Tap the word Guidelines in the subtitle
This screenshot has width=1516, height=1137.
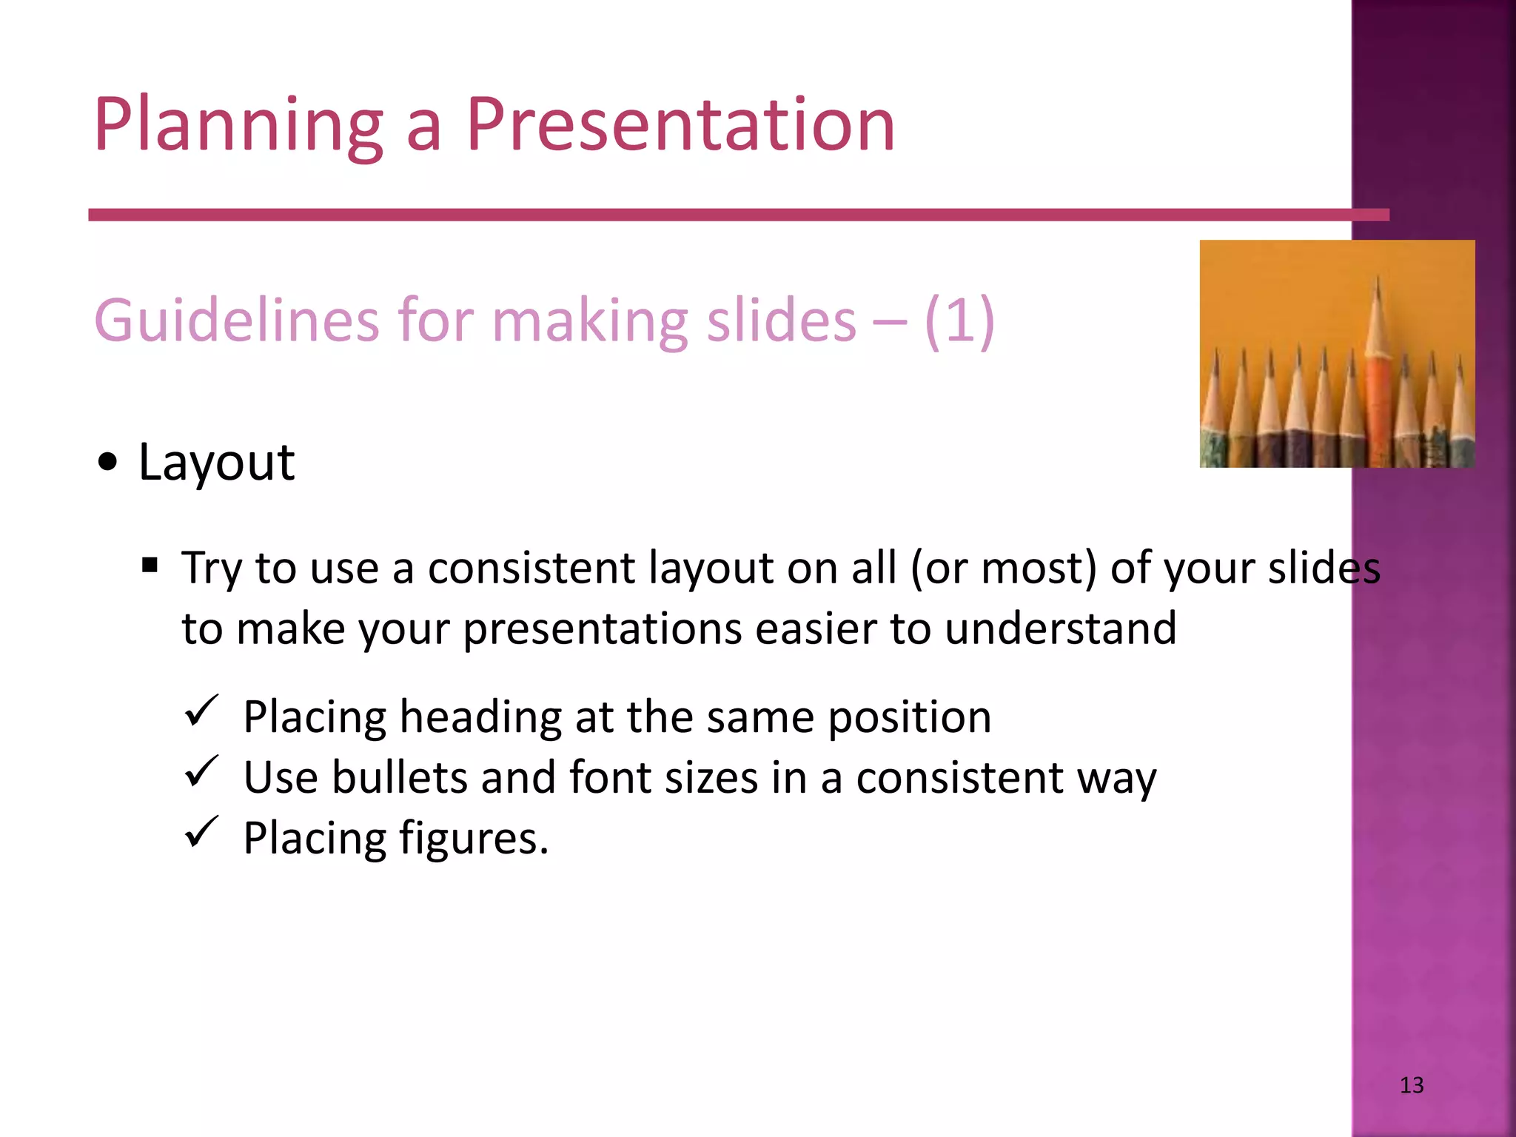(x=237, y=321)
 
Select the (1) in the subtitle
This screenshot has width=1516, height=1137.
(x=959, y=321)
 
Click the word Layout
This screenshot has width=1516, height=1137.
(x=216, y=462)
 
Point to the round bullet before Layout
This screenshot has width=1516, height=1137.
(x=107, y=463)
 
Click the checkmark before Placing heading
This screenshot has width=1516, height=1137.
(x=201, y=711)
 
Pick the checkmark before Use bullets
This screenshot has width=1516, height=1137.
(x=201, y=772)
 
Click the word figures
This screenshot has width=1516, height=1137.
(x=474, y=839)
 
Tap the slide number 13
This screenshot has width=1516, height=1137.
(x=1412, y=1085)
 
